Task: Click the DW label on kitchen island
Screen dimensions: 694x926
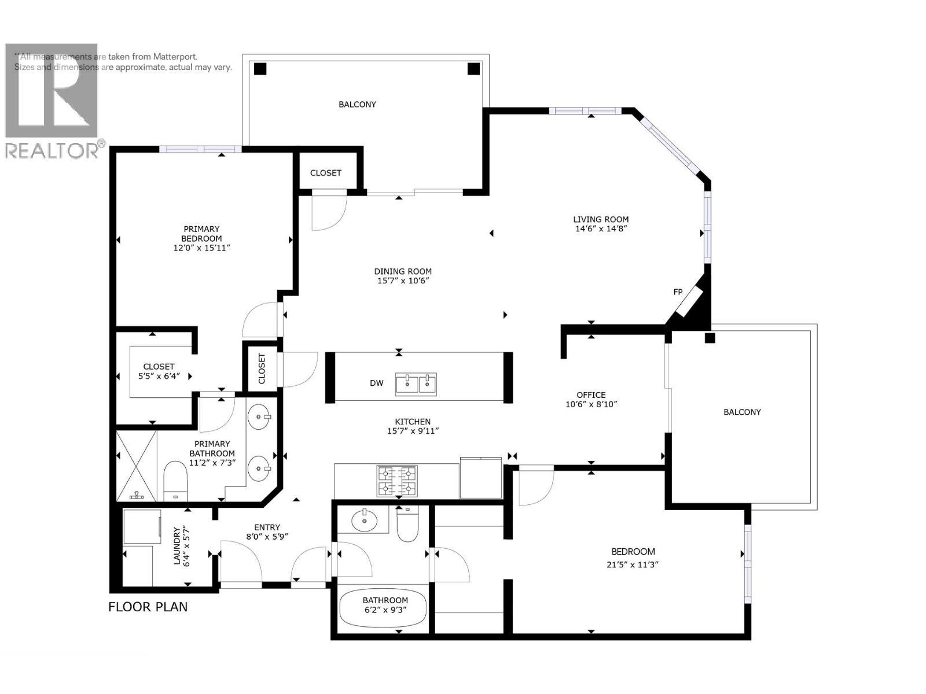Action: tap(376, 383)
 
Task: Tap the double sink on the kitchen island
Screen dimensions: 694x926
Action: tap(416, 384)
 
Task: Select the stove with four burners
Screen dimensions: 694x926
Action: tap(397, 481)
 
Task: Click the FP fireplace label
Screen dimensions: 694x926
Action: tap(678, 292)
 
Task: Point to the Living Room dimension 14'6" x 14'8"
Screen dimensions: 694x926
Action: tap(601, 228)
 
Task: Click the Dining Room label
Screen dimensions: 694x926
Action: tap(403, 271)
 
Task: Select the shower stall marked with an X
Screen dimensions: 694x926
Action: tap(137, 466)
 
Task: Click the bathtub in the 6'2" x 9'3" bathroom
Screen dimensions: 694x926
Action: tap(383, 608)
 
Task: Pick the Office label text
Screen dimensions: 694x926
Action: tap(591, 395)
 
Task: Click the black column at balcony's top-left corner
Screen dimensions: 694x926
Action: tap(260, 69)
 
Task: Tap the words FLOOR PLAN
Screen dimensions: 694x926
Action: tap(148, 607)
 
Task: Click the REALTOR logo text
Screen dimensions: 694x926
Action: tap(52, 150)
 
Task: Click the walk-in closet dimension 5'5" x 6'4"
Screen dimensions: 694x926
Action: tap(159, 376)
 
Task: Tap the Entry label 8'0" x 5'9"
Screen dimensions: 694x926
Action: tap(267, 531)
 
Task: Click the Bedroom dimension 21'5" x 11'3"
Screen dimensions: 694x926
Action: tap(633, 565)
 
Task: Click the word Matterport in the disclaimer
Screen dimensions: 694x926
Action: tap(175, 57)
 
